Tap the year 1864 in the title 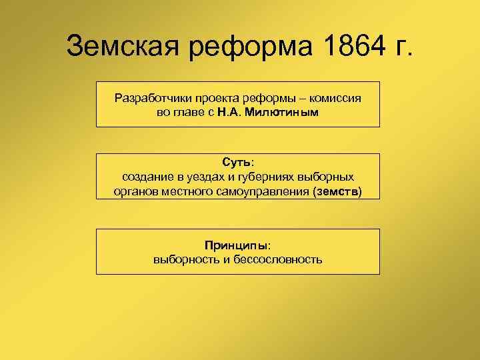point(345,46)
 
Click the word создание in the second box point(147,177)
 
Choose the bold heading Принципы point(237,245)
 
